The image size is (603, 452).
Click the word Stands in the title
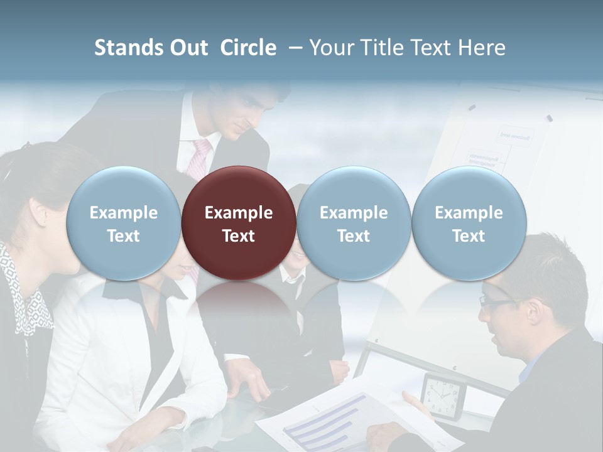click(129, 48)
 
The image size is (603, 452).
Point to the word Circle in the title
click(248, 48)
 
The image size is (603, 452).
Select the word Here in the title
click(484, 48)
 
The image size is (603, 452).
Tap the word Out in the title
click(188, 48)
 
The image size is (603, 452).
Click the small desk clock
click(444, 395)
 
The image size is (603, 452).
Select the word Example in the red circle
click(239, 213)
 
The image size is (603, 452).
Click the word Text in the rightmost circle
click(469, 236)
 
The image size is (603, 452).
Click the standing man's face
click(242, 116)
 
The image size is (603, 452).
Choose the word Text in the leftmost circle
click(123, 236)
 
